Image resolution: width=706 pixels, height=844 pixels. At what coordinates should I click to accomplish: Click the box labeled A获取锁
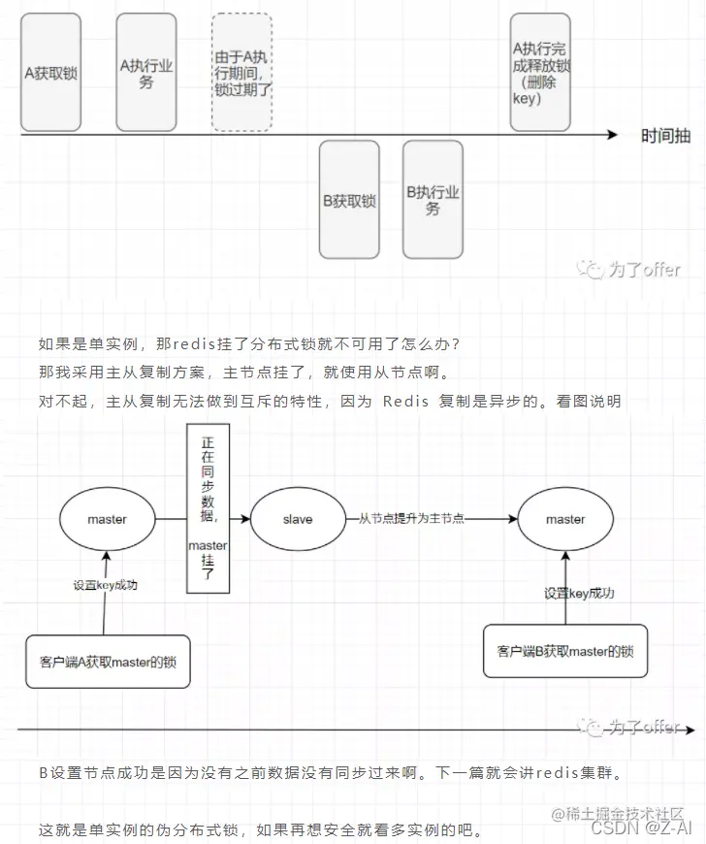50,72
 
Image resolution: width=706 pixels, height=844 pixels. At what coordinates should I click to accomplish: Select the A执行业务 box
146,72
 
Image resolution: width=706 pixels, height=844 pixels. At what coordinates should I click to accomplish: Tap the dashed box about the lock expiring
243,72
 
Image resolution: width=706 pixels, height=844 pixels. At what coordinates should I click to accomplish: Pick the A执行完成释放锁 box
540,72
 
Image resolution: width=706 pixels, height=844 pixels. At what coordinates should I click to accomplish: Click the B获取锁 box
350,200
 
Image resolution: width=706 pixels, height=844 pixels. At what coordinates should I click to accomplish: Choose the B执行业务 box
433,200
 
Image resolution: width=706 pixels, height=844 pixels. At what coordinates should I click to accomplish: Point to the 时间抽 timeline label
665,136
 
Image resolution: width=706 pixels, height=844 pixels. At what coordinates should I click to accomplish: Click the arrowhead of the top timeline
612,136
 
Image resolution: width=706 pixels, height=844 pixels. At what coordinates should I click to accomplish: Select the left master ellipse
107,519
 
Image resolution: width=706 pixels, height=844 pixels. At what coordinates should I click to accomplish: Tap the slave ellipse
298,519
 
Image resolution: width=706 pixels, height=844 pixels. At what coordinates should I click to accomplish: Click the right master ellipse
564,519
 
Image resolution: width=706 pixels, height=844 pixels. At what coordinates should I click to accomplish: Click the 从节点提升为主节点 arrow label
412,519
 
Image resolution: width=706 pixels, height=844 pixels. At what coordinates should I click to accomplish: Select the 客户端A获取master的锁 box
108,662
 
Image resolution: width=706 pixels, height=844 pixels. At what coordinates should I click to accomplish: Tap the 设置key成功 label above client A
107,585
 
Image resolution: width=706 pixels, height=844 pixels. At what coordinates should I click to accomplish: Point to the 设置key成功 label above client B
579,593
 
